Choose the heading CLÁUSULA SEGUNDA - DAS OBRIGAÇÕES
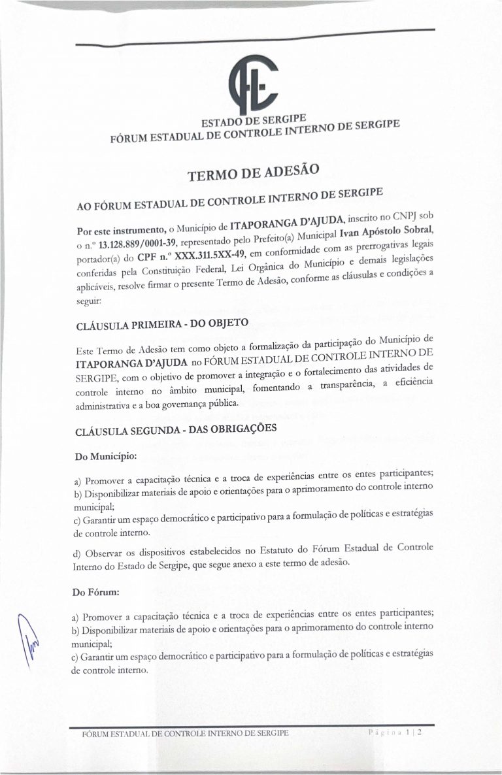click(x=167, y=429)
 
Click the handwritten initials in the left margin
click(x=29, y=635)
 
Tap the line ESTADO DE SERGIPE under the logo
click(x=250, y=121)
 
